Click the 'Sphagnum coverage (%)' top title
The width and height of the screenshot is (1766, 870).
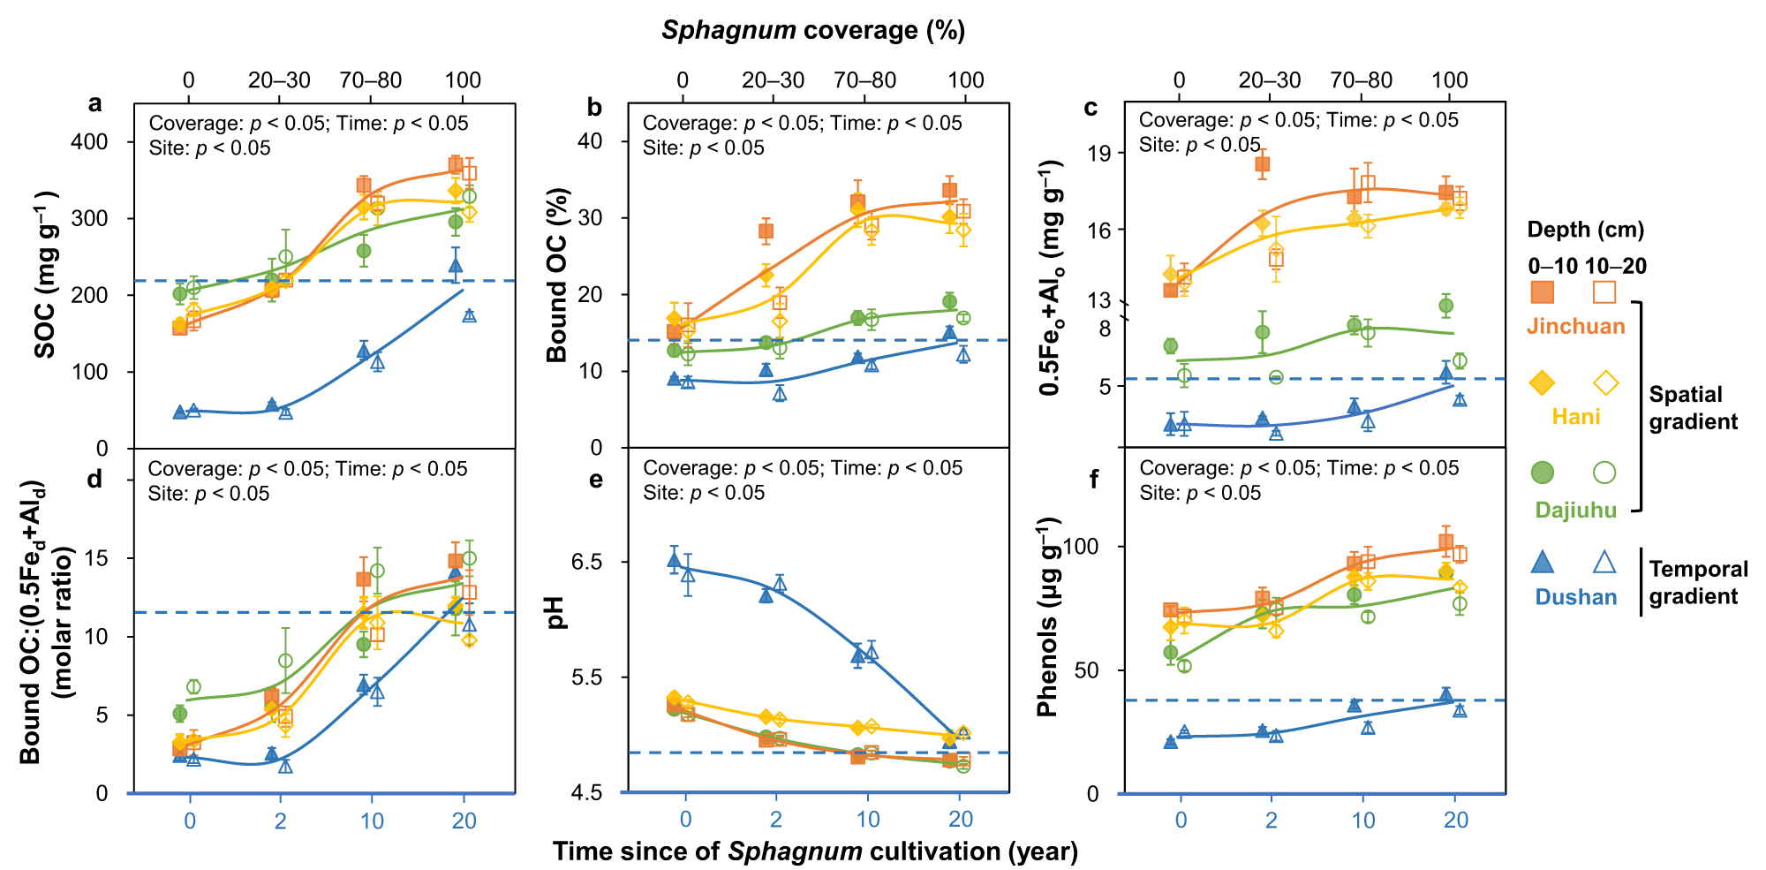tap(813, 30)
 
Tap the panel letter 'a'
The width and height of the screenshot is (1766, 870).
tap(94, 103)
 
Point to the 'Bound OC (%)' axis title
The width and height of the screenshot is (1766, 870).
tap(557, 276)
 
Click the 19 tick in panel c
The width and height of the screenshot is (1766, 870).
tap(1100, 153)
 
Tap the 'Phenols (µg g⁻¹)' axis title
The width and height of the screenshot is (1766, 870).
tap(1047, 617)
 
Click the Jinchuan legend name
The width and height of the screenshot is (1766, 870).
tap(1575, 326)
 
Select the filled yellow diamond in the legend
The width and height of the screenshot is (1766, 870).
tap(1542, 382)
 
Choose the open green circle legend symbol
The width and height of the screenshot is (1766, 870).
tap(1604, 473)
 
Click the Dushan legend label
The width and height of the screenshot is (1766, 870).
tap(1575, 597)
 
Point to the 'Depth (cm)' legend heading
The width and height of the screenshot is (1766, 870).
tap(1586, 230)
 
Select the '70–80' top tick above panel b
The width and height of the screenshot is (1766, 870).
tap(864, 80)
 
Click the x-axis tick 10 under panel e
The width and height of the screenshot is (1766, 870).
tap(868, 820)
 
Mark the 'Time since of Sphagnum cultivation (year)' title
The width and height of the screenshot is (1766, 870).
tap(815, 851)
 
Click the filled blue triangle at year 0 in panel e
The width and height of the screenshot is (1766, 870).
tap(674, 559)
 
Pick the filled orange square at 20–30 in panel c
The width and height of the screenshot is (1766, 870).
tap(1262, 164)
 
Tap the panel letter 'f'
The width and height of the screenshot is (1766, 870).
tap(1094, 480)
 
